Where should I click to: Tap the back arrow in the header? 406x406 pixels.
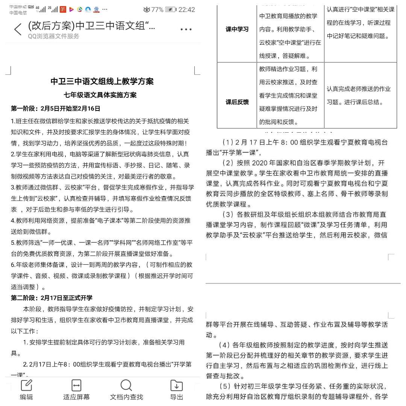click(17, 29)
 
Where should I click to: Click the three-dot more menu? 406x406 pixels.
click(186, 29)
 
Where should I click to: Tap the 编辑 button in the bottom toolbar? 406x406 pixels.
click(26, 389)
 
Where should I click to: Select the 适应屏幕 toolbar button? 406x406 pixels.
click(76, 389)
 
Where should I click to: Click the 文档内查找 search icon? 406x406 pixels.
click(126, 389)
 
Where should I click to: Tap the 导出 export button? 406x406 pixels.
click(176, 389)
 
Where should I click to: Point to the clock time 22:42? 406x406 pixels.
click(186, 9)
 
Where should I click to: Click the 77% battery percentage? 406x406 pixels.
click(157, 9)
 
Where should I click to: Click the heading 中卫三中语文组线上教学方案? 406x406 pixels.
click(102, 81)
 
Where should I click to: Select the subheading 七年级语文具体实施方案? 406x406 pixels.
click(100, 95)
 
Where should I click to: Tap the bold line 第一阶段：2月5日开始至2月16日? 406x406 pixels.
click(56, 109)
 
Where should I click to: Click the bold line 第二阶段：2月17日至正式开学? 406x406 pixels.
click(52, 298)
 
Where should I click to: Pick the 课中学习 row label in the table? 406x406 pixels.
click(237, 29)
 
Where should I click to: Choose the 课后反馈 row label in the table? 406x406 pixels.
click(237, 102)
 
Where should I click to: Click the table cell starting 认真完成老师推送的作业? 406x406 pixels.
click(359, 95)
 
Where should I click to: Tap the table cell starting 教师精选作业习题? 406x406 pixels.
click(290, 95)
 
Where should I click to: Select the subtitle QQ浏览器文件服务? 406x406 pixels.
click(53, 36)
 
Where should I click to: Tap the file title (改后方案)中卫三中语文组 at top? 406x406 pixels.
click(91, 26)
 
